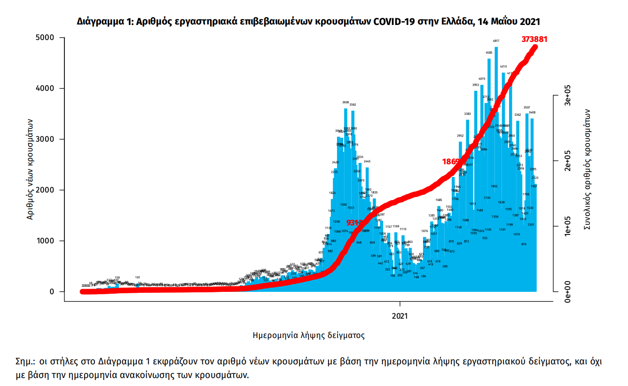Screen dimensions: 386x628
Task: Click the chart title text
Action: pos(308,22)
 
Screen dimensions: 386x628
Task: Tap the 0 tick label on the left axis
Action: pos(53,292)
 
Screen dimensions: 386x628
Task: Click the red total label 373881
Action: pos(534,40)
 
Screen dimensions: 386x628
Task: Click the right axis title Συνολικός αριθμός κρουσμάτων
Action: pos(587,169)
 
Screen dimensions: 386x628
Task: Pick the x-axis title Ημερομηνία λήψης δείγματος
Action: pos(308,336)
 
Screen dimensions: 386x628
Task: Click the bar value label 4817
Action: pos(496,41)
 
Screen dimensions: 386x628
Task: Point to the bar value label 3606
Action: pos(345,103)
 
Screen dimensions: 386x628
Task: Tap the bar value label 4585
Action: pos(489,53)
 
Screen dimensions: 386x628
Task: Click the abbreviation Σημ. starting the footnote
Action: pos(24,362)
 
